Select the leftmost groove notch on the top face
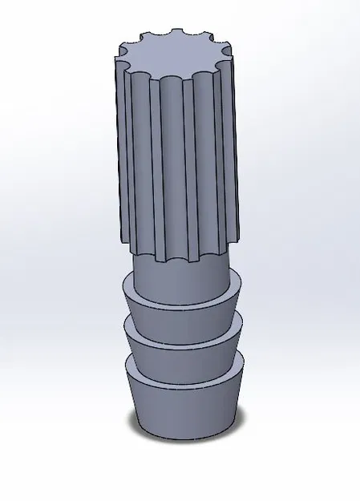click(123, 57)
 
